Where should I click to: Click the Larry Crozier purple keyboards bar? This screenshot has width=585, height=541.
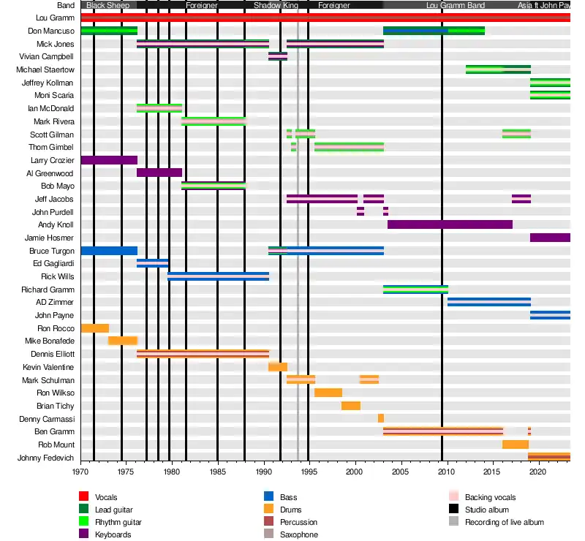109,160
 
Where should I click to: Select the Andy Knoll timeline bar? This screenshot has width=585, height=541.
450,224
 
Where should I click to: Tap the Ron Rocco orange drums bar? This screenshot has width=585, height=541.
95,328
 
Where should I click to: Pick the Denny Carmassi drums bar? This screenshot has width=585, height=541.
381,418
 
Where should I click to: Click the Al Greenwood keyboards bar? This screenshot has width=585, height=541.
159,173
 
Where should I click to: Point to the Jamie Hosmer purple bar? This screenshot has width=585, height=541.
550,238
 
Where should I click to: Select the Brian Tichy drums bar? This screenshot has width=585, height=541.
351,406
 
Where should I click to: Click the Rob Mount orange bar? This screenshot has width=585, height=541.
516,444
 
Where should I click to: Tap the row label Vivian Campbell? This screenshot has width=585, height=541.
50,56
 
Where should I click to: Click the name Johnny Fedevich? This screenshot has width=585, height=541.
47,458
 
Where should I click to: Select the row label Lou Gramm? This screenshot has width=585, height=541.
56,18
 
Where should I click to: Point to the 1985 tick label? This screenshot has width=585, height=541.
217,472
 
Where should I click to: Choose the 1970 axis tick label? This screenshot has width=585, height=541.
81,472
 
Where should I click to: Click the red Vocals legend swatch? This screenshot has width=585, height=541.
84,497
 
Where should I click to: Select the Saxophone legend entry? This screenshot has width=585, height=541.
299,534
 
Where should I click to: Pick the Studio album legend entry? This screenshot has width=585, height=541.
487,510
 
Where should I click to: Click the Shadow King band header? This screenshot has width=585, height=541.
276,5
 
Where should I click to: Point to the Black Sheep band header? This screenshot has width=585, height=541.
108,5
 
